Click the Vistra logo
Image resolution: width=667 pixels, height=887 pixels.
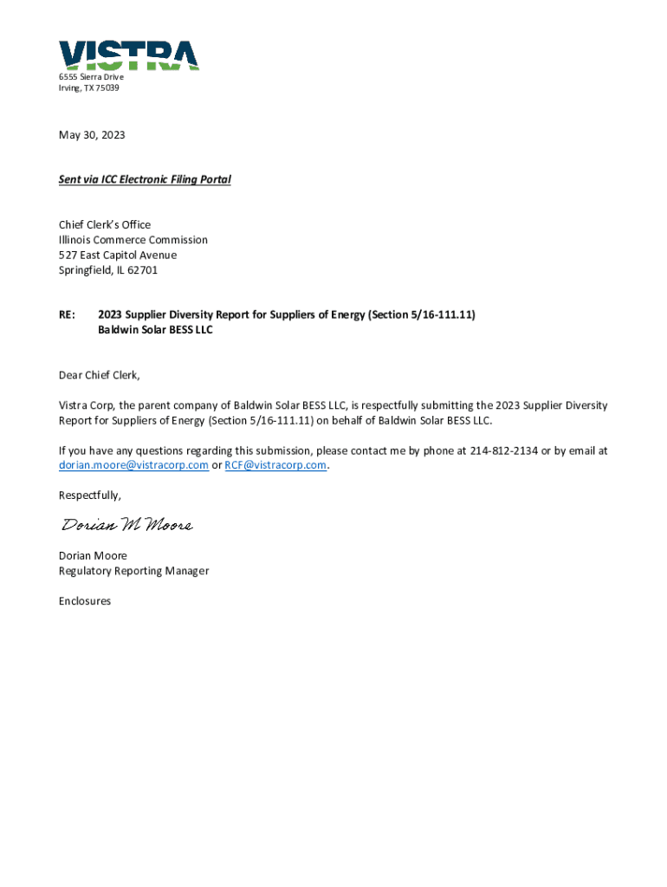pyautogui.click(x=129, y=55)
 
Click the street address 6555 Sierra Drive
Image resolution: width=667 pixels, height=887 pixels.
pyautogui.click(x=91, y=77)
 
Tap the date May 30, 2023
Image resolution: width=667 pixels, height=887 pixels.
pyautogui.click(x=92, y=135)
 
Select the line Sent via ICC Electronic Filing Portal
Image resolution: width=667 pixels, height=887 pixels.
pyautogui.click(x=145, y=179)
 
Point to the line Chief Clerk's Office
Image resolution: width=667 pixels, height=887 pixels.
pyautogui.click(x=105, y=224)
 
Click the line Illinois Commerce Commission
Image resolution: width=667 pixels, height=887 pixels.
pyautogui.click(x=133, y=240)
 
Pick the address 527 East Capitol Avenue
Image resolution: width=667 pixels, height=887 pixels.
pyautogui.click(x=118, y=256)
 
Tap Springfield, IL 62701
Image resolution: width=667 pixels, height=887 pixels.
pyautogui.click(x=108, y=270)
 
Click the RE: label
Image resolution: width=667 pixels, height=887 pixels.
pyautogui.click(x=67, y=314)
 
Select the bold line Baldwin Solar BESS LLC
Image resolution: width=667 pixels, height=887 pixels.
pyautogui.click(x=155, y=330)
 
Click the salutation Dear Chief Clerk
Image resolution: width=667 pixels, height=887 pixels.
pyautogui.click(x=99, y=375)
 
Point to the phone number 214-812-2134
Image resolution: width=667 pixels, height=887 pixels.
pyautogui.click(x=504, y=450)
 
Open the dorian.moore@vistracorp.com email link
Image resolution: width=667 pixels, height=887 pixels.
pyautogui.click(x=133, y=465)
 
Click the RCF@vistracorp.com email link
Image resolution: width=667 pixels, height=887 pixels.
pyautogui.click(x=275, y=465)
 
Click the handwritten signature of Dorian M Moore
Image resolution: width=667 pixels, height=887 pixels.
pyautogui.click(x=126, y=526)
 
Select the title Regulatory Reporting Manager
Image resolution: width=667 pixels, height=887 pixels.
pyautogui.click(x=133, y=571)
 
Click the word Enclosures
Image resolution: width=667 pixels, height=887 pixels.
pyautogui.click(x=85, y=601)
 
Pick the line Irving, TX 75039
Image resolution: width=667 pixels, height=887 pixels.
pyautogui.click(x=89, y=88)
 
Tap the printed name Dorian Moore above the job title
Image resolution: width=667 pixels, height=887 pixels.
pyautogui.click(x=93, y=556)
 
